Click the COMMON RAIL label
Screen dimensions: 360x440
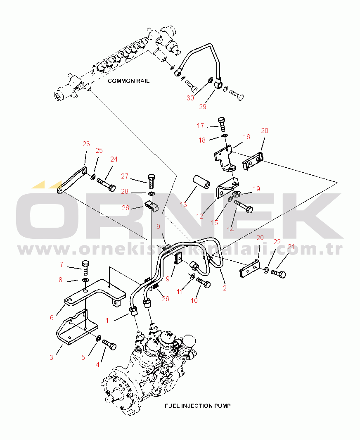click(x=129, y=81)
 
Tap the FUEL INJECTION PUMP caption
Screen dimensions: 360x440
click(x=198, y=406)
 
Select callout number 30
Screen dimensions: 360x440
click(x=190, y=98)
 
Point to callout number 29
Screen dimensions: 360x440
click(x=203, y=107)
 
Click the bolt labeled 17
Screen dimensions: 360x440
click(x=222, y=124)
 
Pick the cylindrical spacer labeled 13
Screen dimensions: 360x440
click(x=201, y=182)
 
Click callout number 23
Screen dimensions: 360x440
click(x=86, y=144)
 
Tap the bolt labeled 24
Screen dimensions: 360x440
click(x=106, y=184)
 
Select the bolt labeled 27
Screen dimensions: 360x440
click(x=151, y=181)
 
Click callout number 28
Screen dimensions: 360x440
click(x=125, y=191)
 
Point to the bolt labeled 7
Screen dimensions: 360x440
click(x=85, y=268)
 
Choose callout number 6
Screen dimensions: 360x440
click(x=52, y=318)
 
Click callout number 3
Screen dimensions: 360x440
click(x=51, y=357)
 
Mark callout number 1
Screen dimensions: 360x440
click(x=107, y=320)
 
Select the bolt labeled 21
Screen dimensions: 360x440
click(x=278, y=273)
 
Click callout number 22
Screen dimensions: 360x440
click(x=277, y=242)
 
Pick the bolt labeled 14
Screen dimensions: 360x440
click(x=243, y=206)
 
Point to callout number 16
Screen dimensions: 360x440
click(x=246, y=137)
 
